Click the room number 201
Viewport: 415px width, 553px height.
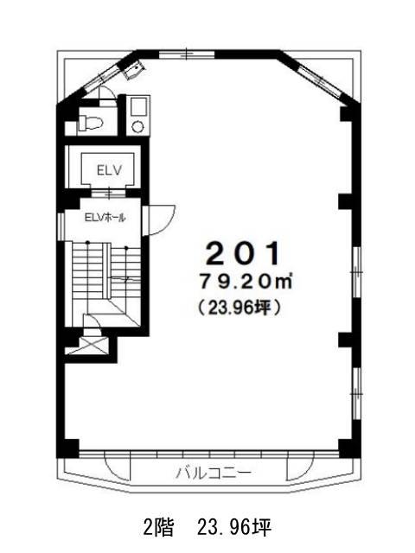tap(244, 253)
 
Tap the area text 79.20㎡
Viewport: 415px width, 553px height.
tap(246, 283)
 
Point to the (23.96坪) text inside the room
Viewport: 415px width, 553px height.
tap(239, 308)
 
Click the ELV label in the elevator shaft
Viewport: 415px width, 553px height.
tap(110, 170)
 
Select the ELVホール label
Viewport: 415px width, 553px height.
tap(105, 218)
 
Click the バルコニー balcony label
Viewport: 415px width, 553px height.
tap(214, 473)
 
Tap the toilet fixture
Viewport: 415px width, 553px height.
tap(90, 123)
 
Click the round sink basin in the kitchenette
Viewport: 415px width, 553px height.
tap(137, 126)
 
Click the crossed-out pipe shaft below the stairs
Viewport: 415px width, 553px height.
tap(93, 345)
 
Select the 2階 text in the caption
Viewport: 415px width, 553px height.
tap(158, 528)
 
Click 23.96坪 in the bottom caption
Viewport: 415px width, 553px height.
tap(234, 528)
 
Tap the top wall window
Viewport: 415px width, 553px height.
tap(187, 54)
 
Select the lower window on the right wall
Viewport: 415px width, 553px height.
tap(356, 392)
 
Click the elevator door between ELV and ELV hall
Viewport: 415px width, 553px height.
tap(109, 194)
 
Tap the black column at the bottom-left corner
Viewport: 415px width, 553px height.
tap(68, 448)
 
